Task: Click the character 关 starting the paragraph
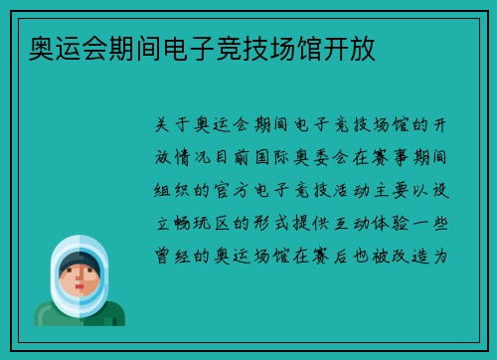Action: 166,124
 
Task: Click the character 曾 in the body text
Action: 166,256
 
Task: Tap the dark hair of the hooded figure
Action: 79,263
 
